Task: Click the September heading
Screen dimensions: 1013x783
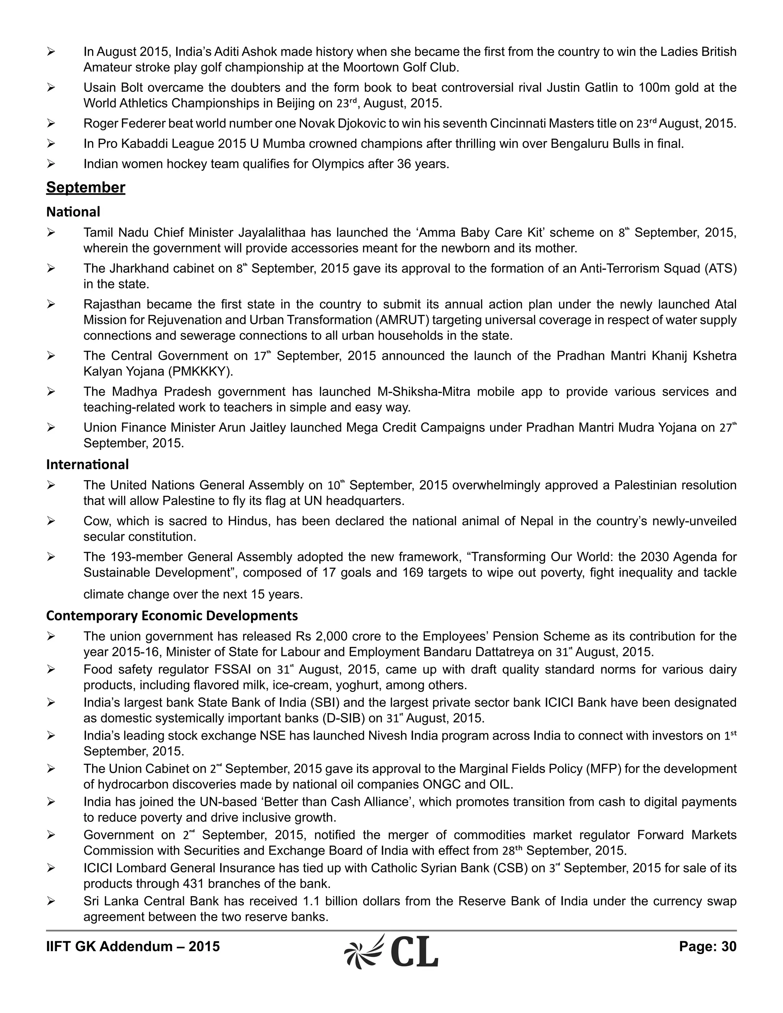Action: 85,187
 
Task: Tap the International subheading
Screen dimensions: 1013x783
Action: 87,464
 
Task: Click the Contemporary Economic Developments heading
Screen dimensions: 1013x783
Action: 172,615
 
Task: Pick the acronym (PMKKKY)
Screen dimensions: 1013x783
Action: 204,372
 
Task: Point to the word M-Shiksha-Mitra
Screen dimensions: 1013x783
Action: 424,392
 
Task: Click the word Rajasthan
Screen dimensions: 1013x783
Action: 112,304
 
